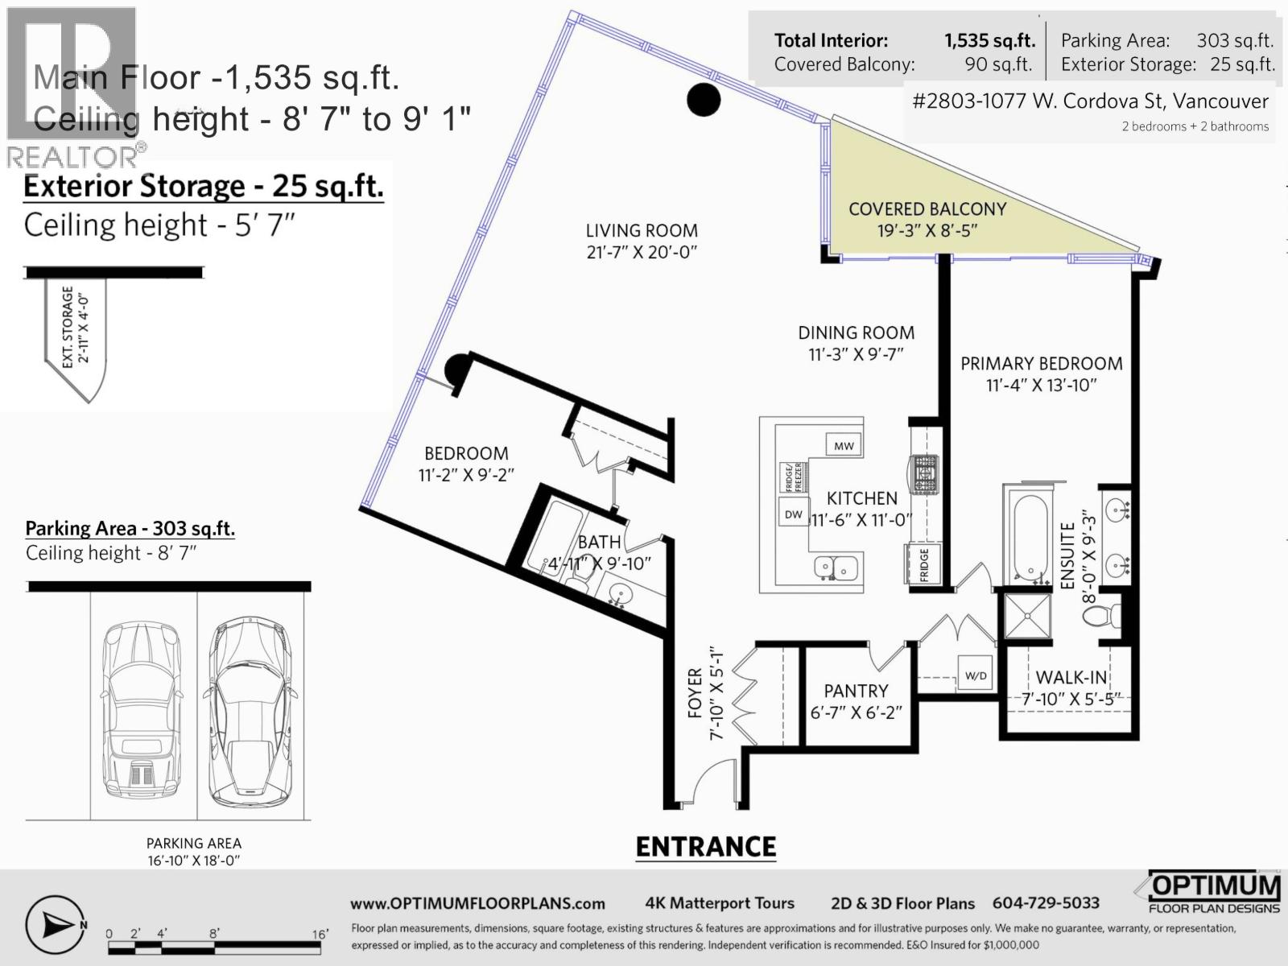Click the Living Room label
click(642, 230)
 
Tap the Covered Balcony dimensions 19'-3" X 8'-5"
click(927, 231)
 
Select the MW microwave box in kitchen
click(844, 445)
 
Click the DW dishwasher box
click(794, 514)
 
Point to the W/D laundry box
click(976, 675)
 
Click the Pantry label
click(856, 691)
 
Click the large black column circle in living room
click(704, 99)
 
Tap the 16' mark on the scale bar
click(320, 935)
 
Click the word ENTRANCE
click(706, 847)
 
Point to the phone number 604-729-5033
click(1046, 903)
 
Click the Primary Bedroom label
click(1041, 364)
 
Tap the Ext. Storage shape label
click(74, 328)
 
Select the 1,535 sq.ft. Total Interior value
click(989, 40)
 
